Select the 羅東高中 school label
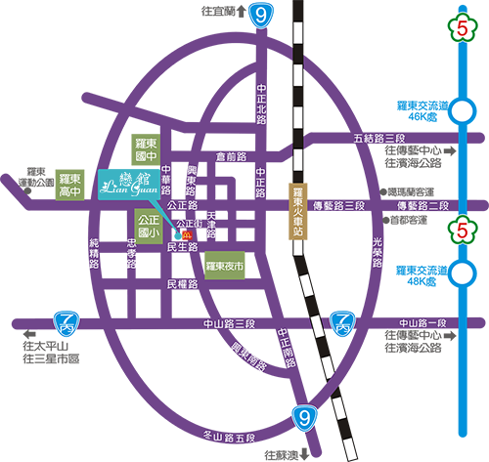tap(68, 185)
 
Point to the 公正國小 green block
tap(150, 227)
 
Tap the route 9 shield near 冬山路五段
tap(306, 418)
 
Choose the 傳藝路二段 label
tap(422, 205)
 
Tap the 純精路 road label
tap(94, 251)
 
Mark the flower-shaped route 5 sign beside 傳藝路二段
tap(460, 231)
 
